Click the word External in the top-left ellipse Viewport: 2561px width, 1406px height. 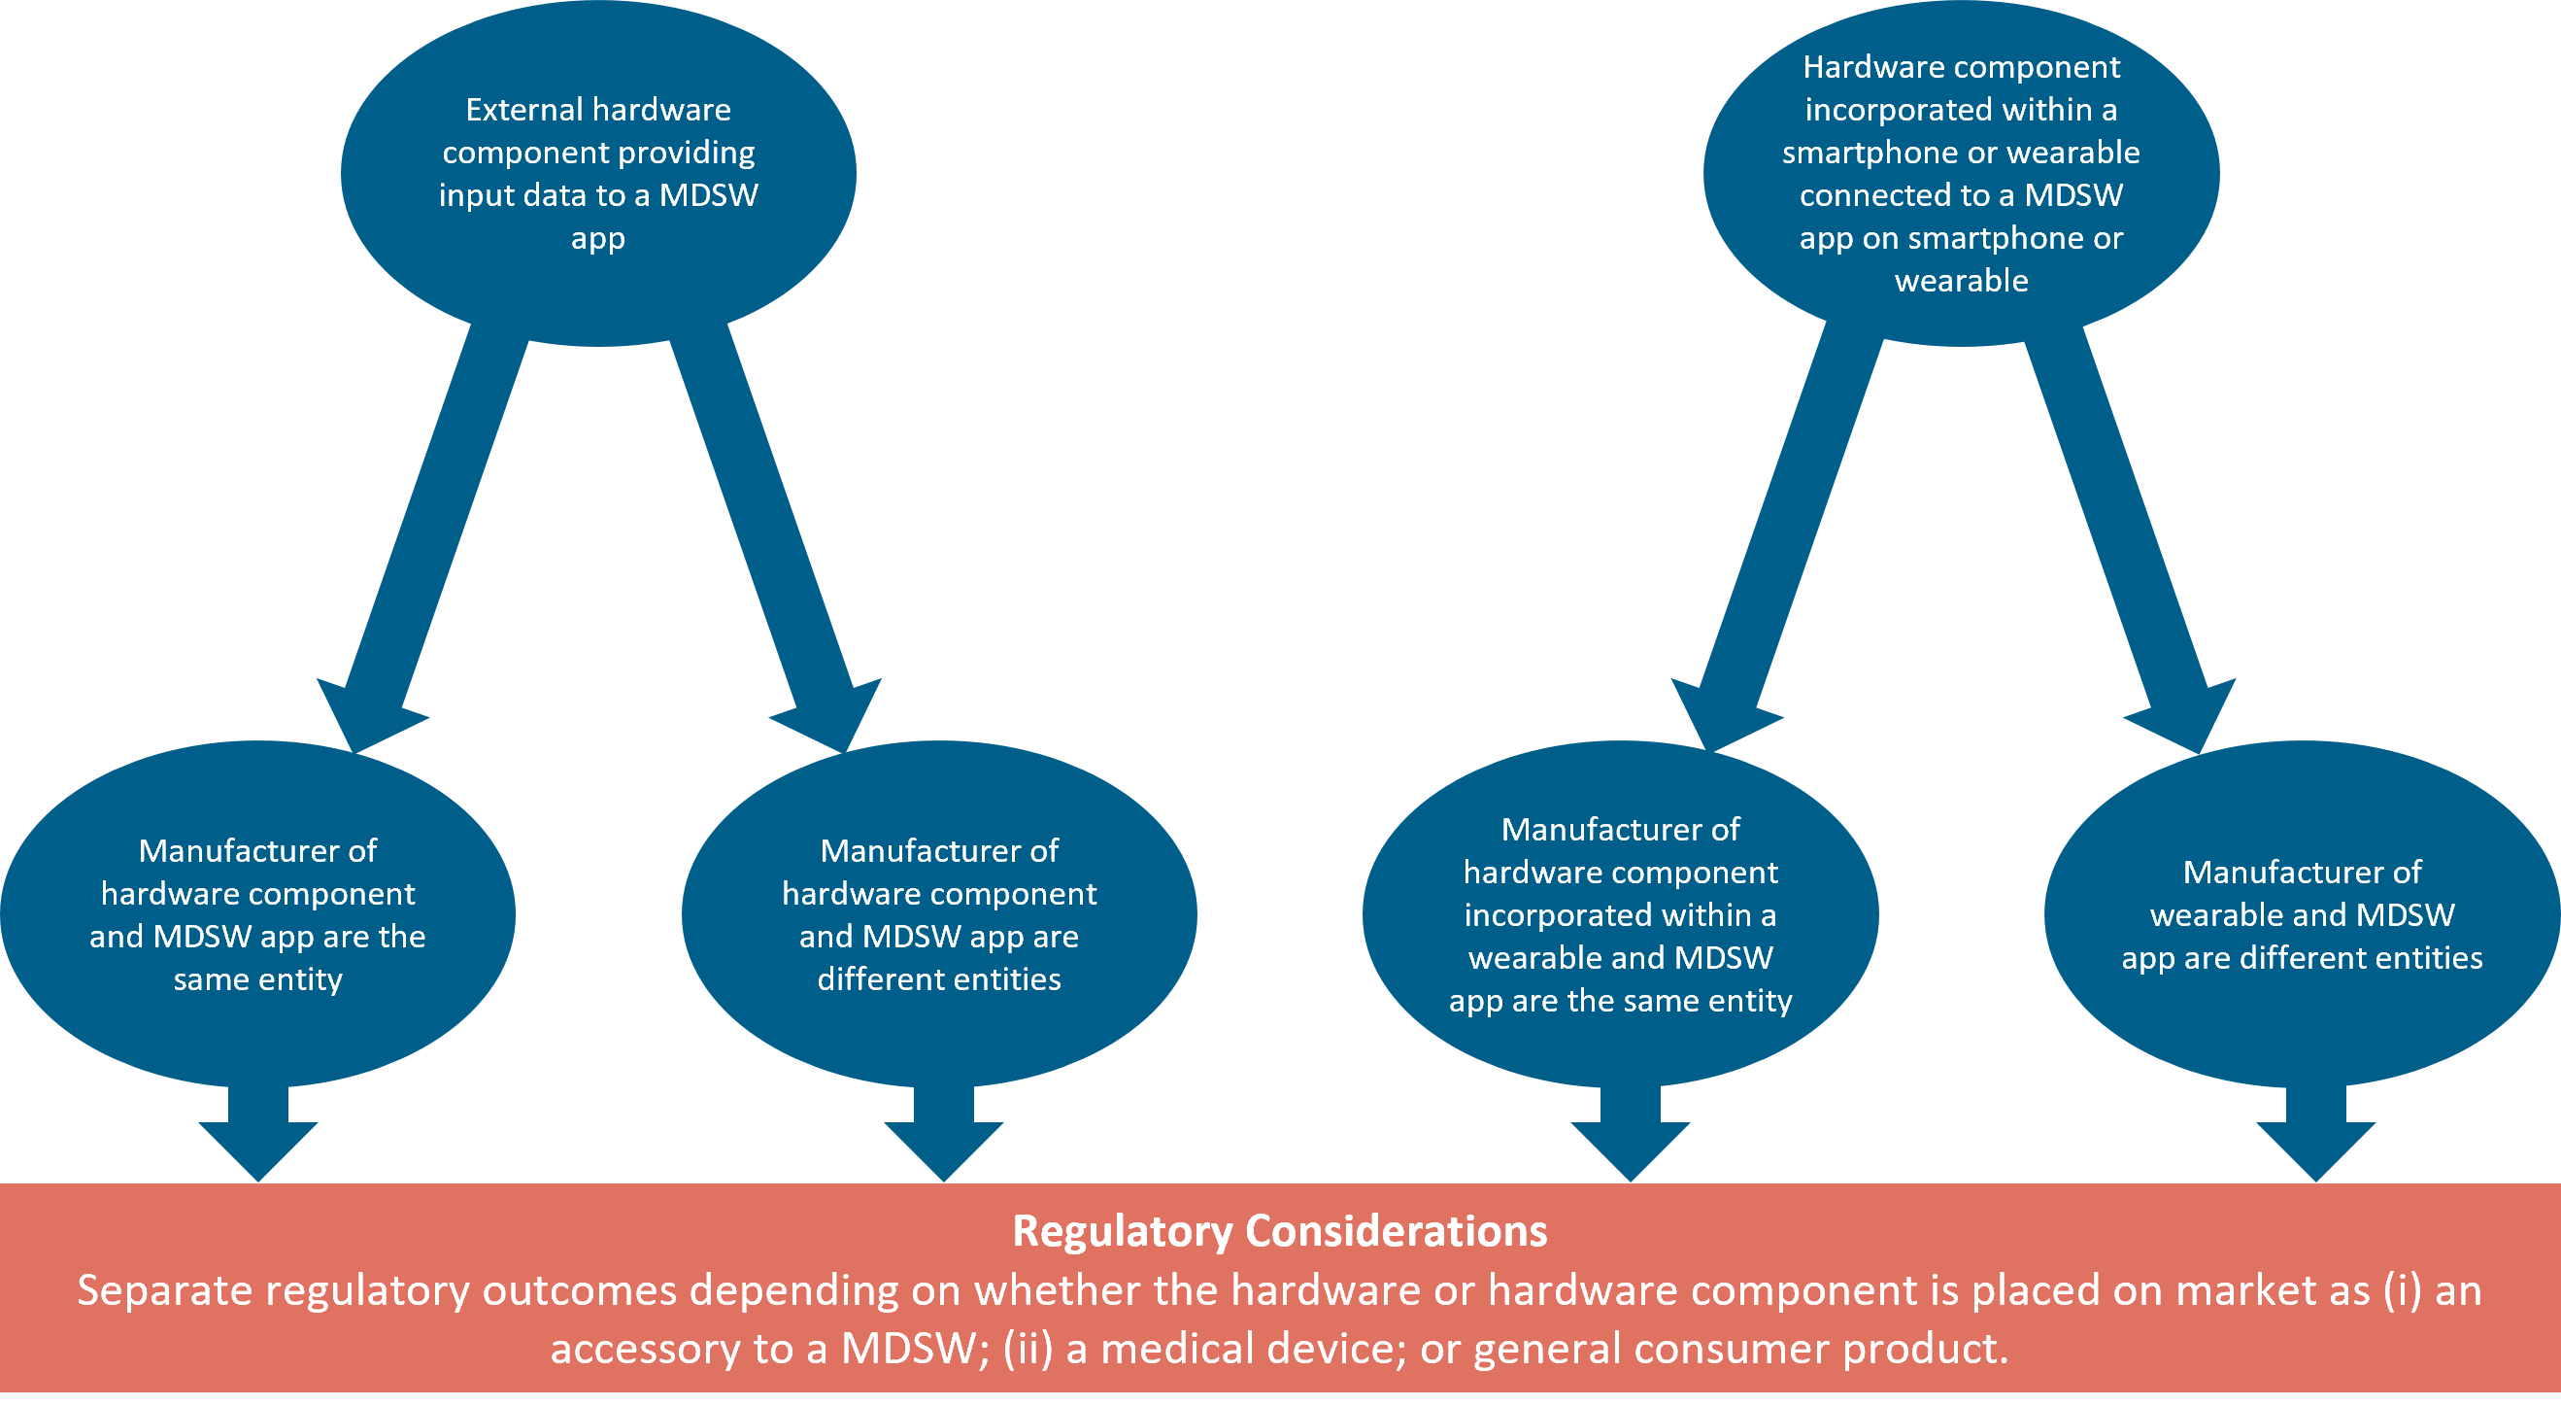522,110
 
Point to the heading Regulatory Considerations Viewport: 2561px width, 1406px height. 1279,1231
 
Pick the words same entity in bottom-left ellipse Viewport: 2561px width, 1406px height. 257,979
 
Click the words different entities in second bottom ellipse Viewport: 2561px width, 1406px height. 938,979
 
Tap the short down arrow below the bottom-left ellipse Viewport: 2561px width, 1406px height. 257,1134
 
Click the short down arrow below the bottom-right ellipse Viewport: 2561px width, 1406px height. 2315,1134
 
